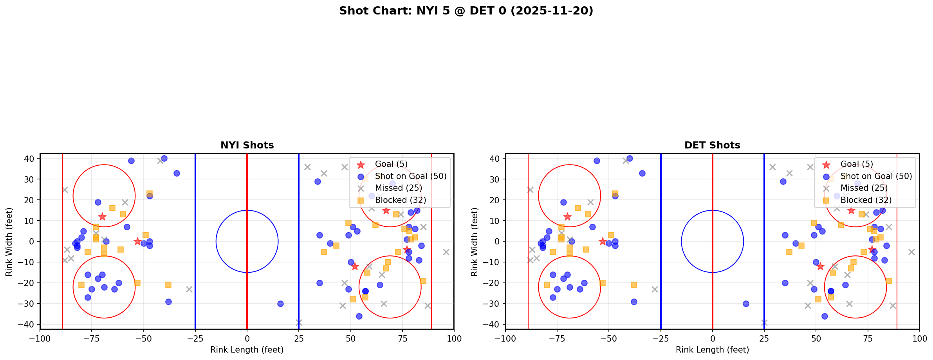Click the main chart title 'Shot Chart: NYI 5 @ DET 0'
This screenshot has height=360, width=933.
pyautogui.click(x=466, y=11)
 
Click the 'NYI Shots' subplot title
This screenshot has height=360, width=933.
pyautogui.click(x=247, y=145)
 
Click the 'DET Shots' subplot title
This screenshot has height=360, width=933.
pyautogui.click(x=712, y=145)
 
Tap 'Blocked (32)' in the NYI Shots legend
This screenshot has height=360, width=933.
pyautogui.click(x=400, y=200)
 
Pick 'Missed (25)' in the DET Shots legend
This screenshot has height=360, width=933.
pyautogui.click(x=864, y=188)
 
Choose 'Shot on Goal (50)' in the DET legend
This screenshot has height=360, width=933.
pyautogui.click(x=876, y=176)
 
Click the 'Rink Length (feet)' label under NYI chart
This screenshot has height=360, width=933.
pyautogui.click(x=247, y=350)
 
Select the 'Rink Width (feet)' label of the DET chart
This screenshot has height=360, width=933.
pyautogui.click(x=475, y=242)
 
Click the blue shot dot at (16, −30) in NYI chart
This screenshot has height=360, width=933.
pyautogui.click(x=280, y=304)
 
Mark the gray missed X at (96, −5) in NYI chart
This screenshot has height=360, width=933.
pyautogui.click(x=446, y=252)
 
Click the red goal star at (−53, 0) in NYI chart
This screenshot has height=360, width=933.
pyautogui.click(x=137, y=241)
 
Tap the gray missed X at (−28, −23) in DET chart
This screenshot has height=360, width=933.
pyautogui.click(x=655, y=289)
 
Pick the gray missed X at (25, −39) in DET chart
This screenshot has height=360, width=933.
pyautogui.click(x=764, y=322)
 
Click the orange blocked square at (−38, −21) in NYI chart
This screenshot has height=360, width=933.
pyautogui.click(x=168, y=285)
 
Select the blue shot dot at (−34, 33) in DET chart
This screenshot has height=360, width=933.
pyautogui.click(x=642, y=173)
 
